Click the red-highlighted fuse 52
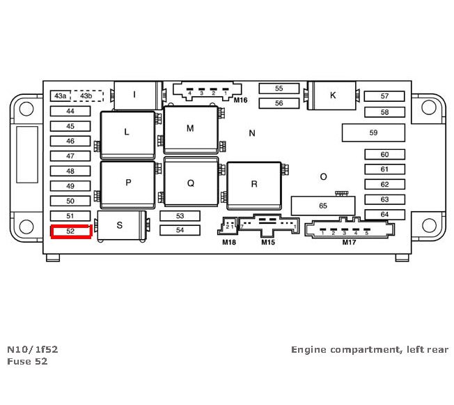tap(70, 231)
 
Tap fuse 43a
tap(61, 96)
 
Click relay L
tap(127, 132)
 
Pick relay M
tap(190, 129)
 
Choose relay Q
tap(190, 183)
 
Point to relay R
tap(254, 184)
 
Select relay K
tap(333, 95)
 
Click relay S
tap(120, 225)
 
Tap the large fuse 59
tap(373, 132)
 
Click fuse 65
tap(322, 206)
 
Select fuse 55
tap(279, 89)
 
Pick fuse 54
tap(180, 230)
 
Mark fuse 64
tap(384, 215)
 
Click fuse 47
tap(70, 156)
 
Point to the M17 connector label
tap(349, 243)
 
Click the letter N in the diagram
tap(252, 132)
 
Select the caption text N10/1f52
tap(28, 349)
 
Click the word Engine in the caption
tap(308, 349)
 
